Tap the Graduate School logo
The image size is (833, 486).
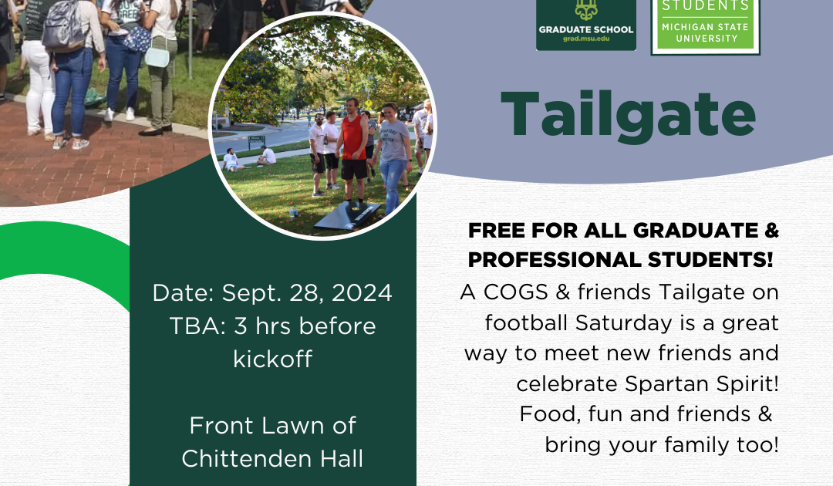586,25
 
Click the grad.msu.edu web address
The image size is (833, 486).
586,39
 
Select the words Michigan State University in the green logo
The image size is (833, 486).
705,32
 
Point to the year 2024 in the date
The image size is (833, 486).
362,292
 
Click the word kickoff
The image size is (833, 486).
272,359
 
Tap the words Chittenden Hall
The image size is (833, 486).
272,459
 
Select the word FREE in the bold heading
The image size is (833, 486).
497,231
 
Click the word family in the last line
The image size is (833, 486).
696,444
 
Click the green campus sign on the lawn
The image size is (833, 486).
257,140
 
